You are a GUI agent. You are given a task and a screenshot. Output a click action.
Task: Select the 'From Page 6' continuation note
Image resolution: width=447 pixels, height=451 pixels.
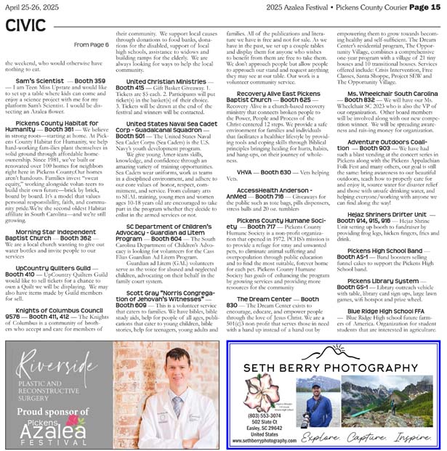click(91, 44)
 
